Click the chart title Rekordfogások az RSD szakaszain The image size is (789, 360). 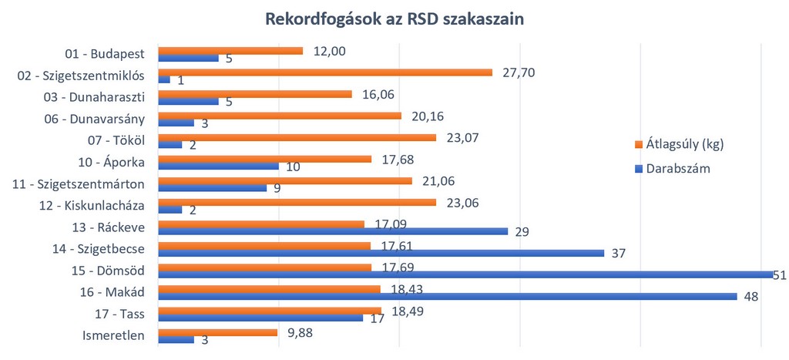[x=394, y=19]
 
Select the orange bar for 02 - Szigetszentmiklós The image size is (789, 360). [x=324, y=72]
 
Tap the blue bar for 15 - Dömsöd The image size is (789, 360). [x=465, y=274]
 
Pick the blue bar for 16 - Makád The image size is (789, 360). [x=447, y=296]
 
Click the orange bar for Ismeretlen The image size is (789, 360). [x=217, y=332]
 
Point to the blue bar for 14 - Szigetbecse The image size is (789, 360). [x=381, y=253]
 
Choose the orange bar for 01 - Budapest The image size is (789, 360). [x=230, y=51]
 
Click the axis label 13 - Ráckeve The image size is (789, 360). [x=114, y=227]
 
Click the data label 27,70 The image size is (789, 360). [x=517, y=72]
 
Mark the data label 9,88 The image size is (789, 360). [x=300, y=332]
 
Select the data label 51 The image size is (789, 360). [x=780, y=274]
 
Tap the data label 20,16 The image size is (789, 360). [x=427, y=116]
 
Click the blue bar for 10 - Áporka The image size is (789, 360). [x=218, y=166]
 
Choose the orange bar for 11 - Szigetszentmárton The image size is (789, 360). [x=284, y=180]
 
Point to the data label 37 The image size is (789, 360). [x=618, y=253]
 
